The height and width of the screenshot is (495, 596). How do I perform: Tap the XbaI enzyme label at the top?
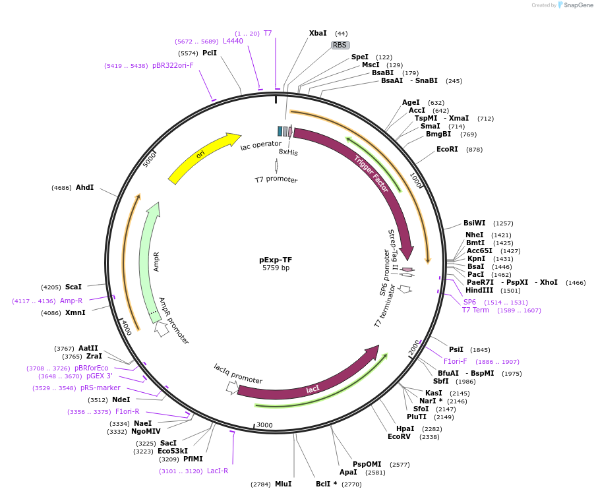coord(318,33)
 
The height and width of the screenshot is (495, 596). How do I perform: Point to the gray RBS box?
coord(340,45)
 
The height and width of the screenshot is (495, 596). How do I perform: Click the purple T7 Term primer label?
coord(475,310)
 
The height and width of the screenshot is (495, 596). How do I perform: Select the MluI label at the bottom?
coord(283,484)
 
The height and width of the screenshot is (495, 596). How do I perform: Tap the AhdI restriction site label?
coord(84,188)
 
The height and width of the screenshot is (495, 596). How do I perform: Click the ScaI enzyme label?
coord(73,287)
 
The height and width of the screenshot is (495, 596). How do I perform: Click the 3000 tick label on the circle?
coord(264,425)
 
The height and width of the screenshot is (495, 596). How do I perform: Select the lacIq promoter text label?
coord(238,374)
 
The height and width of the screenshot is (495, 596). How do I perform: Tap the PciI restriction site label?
coord(210,53)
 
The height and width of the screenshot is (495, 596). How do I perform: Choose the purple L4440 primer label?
coord(233,41)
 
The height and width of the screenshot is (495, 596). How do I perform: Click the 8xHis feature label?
coord(288,152)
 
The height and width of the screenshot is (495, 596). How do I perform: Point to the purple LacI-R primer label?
coord(218,471)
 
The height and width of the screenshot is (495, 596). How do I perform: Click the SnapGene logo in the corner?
coord(575,5)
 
